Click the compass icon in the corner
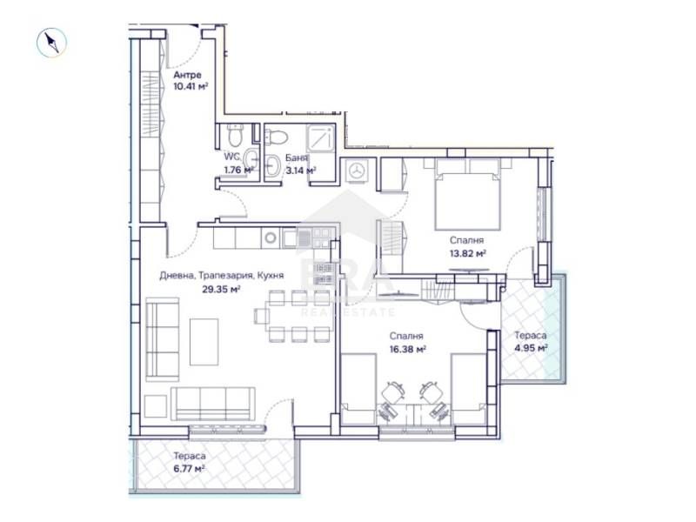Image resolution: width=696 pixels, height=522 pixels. tap(52, 42)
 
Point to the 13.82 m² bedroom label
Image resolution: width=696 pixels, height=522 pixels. tap(467, 246)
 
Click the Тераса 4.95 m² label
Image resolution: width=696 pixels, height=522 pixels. tap(530, 340)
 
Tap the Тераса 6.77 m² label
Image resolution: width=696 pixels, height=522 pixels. tap(188, 462)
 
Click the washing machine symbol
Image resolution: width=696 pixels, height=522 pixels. tap(357, 171)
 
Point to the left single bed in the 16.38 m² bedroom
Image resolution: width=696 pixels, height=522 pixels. tap(359, 386)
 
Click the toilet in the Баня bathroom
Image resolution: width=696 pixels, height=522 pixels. tap(277, 137)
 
